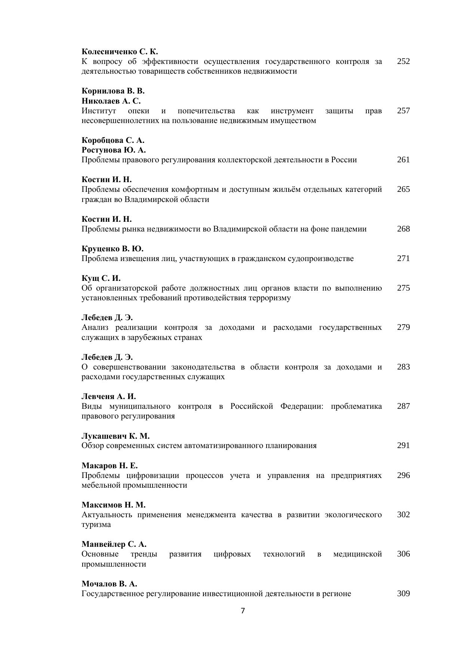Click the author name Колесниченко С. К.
click(120, 52)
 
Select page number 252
click(403, 61)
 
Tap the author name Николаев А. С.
click(111, 101)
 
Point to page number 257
click(403, 111)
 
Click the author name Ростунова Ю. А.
click(114, 150)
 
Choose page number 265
click(403, 189)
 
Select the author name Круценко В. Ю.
click(113, 249)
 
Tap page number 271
click(403, 258)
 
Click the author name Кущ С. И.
click(101, 278)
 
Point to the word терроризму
click(272, 298)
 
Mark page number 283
click(403, 367)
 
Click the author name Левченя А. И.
click(109, 396)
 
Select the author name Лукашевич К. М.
click(116, 436)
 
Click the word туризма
click(96, 525)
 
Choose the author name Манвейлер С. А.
click(114, 544)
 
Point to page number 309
click(403, 594)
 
